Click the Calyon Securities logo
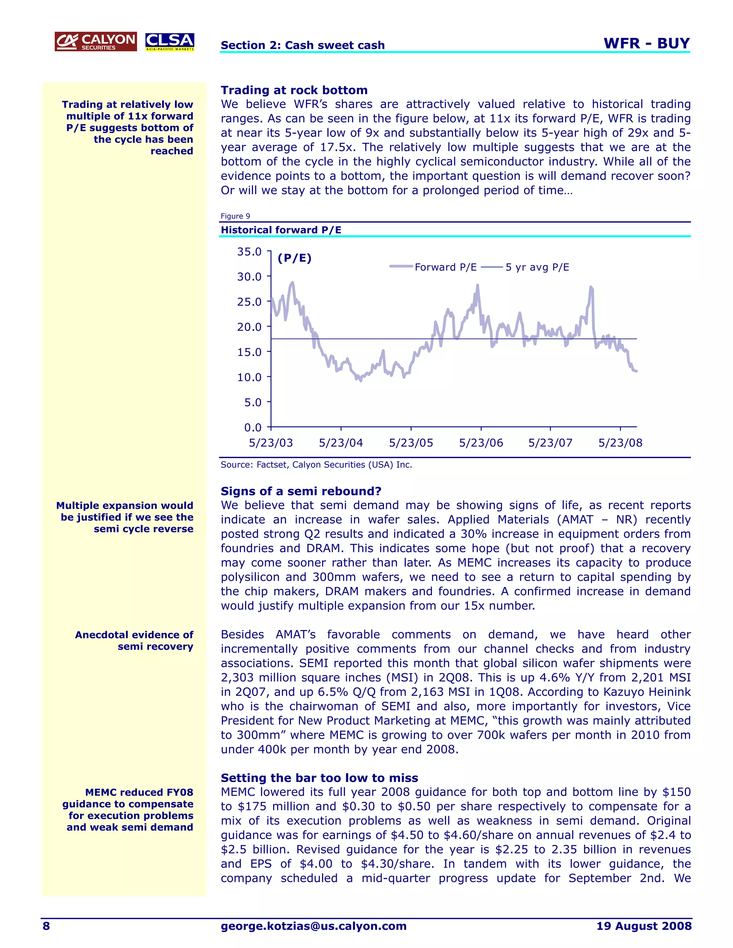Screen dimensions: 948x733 [x=96, y=41]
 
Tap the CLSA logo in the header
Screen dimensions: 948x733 [x=169, y=41]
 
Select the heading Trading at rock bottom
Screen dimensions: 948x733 [x=294, y=90]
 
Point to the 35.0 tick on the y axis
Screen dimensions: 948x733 [x=249, y=252]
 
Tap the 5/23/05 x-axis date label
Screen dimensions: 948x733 [x=411, y=443]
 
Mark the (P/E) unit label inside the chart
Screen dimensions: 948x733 [x=295, y=258]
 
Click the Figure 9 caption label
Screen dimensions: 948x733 [x=236, y=216]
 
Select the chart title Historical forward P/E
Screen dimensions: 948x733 [x=281, y=230]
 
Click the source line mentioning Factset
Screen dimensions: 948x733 [x=316, y=465]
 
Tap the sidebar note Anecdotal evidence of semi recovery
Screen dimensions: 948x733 [x=134, y=641]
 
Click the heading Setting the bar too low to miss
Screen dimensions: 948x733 [x=319, y=777]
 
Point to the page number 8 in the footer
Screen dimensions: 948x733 [x=46, y=926]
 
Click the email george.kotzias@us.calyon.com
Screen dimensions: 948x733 [x=314, y=926]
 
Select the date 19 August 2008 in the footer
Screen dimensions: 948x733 [x=644, y=926]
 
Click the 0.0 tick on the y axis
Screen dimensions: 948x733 [x=252, y=427]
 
